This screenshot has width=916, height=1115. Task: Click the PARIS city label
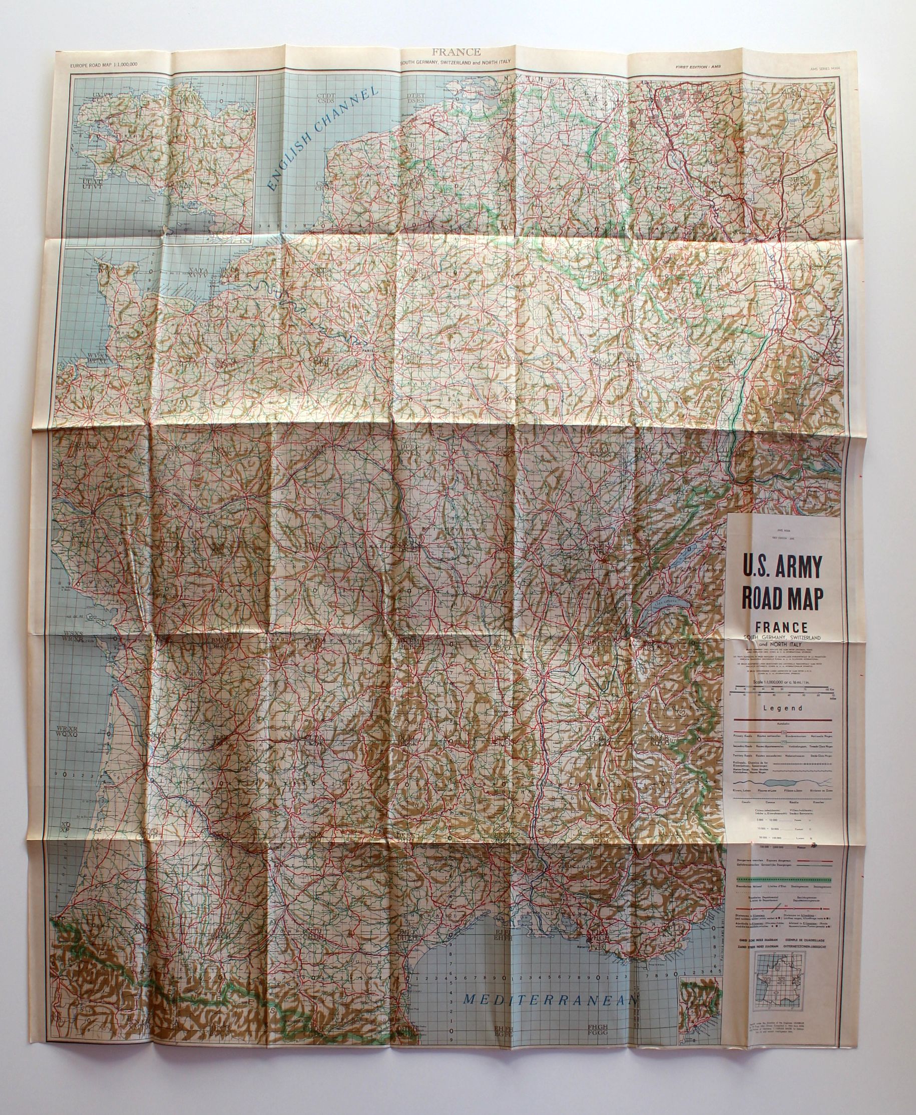click(x=362, y=349)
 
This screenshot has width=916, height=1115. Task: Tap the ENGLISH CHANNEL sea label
click(x=323, y=138)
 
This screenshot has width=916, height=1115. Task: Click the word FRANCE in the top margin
click(x=456, y=52)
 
